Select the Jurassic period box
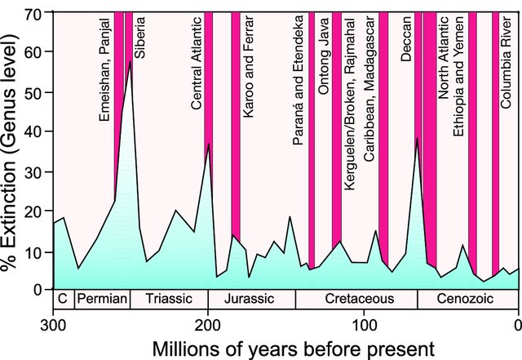251,299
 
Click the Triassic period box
169,299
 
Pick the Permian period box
102,299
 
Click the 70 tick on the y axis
37,15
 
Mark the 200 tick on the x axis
207,322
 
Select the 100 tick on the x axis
363,322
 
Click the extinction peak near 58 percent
130,60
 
